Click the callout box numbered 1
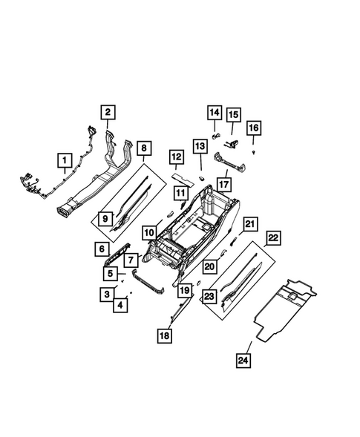click(x=65, y=160)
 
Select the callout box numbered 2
click(x=108, y=113)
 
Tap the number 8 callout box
click(x=144, y=148)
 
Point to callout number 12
click(x=175, y=157)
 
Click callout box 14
click(x=214, y=113)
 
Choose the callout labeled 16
click(x=253, y=128)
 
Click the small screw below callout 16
click(x=254, y=151)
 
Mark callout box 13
click(x=200, y=147)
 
